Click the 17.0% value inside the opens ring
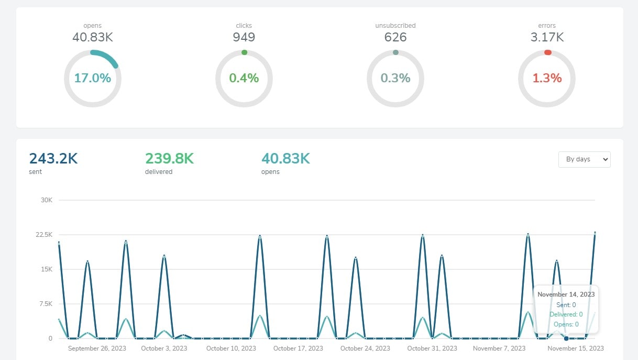93,79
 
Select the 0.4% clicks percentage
244,79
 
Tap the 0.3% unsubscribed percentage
395,79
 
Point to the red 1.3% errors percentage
547,79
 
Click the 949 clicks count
244,37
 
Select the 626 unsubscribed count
395,37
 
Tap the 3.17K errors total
547,37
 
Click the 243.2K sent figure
53,158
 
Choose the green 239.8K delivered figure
169,158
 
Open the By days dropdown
584,159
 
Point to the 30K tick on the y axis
47,200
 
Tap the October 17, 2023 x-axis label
298,348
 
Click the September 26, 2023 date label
97,348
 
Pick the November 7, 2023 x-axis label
499,348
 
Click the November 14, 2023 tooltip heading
566,294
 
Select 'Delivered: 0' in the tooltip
566,314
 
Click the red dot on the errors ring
547,52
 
